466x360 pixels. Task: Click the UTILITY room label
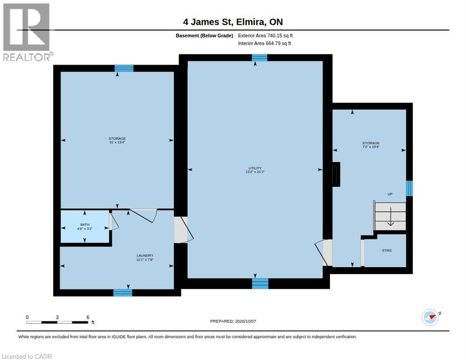255,168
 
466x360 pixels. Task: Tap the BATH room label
85,225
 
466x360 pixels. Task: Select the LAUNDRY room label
145,255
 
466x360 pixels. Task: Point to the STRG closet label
387,250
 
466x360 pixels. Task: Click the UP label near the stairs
390,194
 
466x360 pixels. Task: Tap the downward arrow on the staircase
390,217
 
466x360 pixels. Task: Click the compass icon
430,317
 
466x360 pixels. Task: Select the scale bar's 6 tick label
88,317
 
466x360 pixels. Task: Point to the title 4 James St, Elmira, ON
233,22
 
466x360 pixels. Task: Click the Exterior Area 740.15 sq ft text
265,36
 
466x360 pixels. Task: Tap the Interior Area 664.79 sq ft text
264,44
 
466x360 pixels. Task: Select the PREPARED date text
233,321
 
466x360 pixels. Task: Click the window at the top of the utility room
259,58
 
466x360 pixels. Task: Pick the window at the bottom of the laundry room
123,293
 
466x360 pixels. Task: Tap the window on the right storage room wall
409,188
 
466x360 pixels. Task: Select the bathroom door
113,221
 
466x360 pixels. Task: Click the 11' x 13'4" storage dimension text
117,142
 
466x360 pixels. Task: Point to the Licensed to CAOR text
27,356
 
